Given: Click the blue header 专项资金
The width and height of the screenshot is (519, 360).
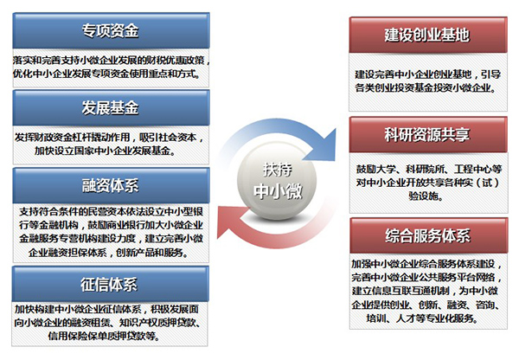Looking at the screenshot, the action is (111, 31).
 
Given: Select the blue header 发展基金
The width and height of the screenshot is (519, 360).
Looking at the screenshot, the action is (111, 107).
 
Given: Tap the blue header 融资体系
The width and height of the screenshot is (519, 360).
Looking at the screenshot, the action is (111, 185).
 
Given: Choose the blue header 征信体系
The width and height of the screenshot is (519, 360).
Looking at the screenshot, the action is (110, 284).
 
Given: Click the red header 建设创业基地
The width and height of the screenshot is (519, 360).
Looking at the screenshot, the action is (428, 35).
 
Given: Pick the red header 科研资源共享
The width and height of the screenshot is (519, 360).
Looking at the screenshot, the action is (428, 134).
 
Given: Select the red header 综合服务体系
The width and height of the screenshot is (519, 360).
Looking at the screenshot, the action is (429, 235).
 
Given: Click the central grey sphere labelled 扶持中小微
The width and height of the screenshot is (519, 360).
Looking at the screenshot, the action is (277, 182).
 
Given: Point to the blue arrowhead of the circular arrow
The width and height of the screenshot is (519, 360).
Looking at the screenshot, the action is (323, 145).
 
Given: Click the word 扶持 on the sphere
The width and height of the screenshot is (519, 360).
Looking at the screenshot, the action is (278, 170).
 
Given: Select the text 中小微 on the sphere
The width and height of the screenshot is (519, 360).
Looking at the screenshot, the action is (278, 191).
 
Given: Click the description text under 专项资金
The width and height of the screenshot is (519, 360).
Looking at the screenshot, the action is (111, 67).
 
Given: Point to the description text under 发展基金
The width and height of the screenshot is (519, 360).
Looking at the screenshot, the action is (109, 144).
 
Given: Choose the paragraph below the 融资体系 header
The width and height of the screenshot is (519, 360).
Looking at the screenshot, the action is (111, 232).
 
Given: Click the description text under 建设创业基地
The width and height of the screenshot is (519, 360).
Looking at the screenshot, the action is (427, 81).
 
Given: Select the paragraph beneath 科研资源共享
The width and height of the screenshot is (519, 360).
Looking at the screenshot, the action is (429, 183).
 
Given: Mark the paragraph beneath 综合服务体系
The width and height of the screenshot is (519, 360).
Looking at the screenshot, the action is (427, 291).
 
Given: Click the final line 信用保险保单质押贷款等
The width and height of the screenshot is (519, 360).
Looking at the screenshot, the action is (104, 336).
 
